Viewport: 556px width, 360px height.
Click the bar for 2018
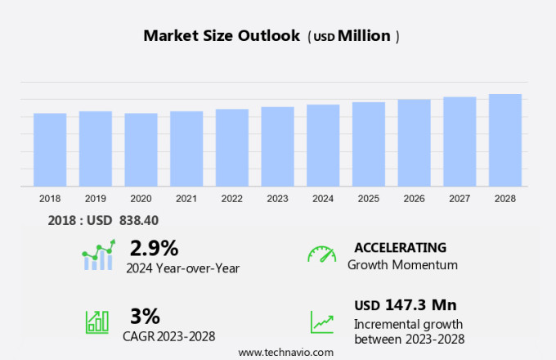[x=50, y=150]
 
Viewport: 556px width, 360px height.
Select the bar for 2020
[x=141, y=150]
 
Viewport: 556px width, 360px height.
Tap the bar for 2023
[x=277, y=146]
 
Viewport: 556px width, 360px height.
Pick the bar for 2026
[x=414, y=143]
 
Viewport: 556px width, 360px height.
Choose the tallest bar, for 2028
[x=504, y=140]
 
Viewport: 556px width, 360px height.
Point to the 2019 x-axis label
[x=95, y=199]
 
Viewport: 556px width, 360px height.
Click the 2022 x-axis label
[x=231, y=199]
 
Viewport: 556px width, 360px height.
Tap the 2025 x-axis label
[x=368, y=199]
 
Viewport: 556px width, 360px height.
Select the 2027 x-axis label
[x=460, y=199]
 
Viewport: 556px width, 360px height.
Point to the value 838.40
[x=139, y=220]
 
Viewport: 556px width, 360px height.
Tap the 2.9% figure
[x=154, y=248]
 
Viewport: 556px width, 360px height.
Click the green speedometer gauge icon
[x=321, y=254]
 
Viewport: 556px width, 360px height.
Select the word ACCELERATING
[x=400, y=247]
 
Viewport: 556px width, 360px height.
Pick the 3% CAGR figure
[x=145, y=315]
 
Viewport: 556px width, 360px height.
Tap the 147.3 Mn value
[x=420, y=305]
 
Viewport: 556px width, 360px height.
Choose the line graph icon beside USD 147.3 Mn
[x=321, y=322]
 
